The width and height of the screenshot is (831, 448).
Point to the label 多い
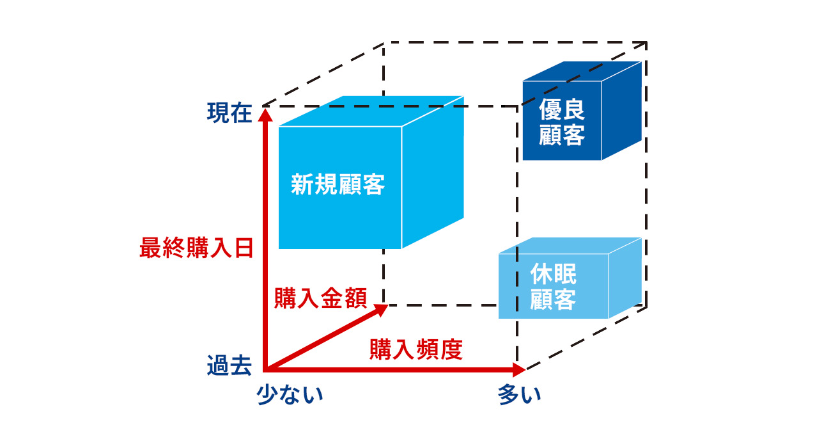pos(520,394)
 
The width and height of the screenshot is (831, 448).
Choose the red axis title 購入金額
pos(320,298)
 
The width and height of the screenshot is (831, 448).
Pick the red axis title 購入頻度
pos(416,349)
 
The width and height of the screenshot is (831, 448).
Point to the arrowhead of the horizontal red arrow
pos(518,369)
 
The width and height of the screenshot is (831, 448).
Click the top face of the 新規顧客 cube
pos(371,111)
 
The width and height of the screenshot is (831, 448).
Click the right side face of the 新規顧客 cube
pos(432,173)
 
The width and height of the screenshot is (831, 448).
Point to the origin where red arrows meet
pos(266,369)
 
